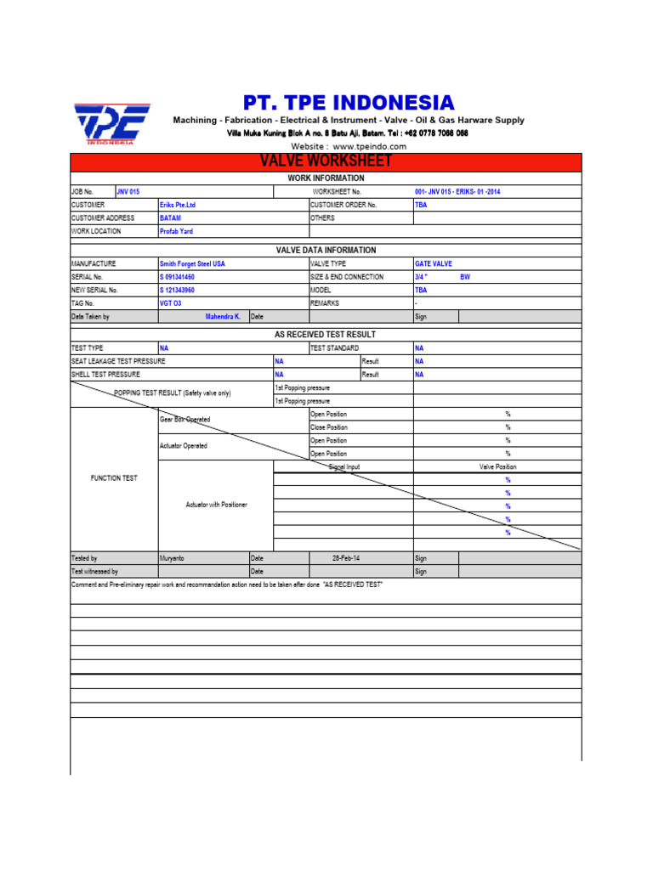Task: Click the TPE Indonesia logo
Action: pyautogui.click(x=111, y=125)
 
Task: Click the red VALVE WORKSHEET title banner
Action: pyautogui.click(x=326, y=161)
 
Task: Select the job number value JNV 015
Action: pyautogui.click(x=128, y=192)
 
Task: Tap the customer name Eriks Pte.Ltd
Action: pyautogui.click(x=178, y=205)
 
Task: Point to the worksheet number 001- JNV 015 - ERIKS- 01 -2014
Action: pyautogui.click(x=457, y=192)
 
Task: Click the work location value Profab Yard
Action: pyautogui.click(x=176, y=231)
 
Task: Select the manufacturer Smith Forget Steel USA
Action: pyautogui.click(x=192, y=264)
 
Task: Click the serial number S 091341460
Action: pyautogui.click(x=177, y=277)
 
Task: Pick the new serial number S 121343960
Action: pyautogui.click(x=177, y=290)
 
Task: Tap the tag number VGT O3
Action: pyautogui.click(x=170, y=302)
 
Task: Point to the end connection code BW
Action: pyautogui.click(x=465, y=277)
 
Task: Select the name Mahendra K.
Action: pyautogui.click(x=223, y=316)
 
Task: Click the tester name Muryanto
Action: pyautogui.click(x=173, y=558)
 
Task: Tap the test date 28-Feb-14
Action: pyautogui.click(x=347, y=558)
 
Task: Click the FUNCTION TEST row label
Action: pyautogui.click(x=114, y=478)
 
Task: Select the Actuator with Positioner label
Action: pyautogui.click(x=216, y=505)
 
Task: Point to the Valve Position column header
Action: pyautogui.click(x=497, y=466)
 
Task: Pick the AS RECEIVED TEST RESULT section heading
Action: pyautogui.click(x=326, y=335)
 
